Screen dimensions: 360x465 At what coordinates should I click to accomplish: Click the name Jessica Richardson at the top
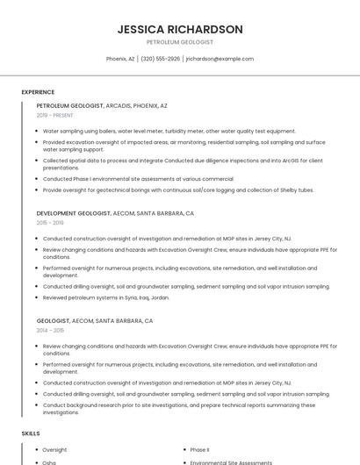click(180, 29)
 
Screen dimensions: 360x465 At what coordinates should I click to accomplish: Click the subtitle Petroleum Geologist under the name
click(180, 42)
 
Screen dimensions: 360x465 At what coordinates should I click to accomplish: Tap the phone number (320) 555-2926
click(160, 59)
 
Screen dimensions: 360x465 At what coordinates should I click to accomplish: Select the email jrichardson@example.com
click(220, 59)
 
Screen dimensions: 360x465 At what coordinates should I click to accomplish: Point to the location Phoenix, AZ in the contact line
click(120, 59)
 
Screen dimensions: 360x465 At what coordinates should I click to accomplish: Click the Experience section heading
click(38, 92)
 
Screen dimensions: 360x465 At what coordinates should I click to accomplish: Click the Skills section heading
click(31, 433)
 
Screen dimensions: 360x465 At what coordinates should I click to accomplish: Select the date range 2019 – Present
click(55, 115)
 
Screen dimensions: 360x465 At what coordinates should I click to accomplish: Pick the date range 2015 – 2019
click(50, 223)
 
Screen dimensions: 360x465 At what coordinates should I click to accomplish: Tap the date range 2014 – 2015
click(50, 331)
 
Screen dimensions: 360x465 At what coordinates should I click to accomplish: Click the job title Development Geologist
click(74, 213)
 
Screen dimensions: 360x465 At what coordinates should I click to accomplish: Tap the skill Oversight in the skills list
click(54, 450)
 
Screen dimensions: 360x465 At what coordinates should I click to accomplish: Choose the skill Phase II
click(199, 450)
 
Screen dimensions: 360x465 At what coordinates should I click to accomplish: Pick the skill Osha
click(49, 461)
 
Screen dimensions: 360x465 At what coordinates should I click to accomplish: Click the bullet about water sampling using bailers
click(169, 131)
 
